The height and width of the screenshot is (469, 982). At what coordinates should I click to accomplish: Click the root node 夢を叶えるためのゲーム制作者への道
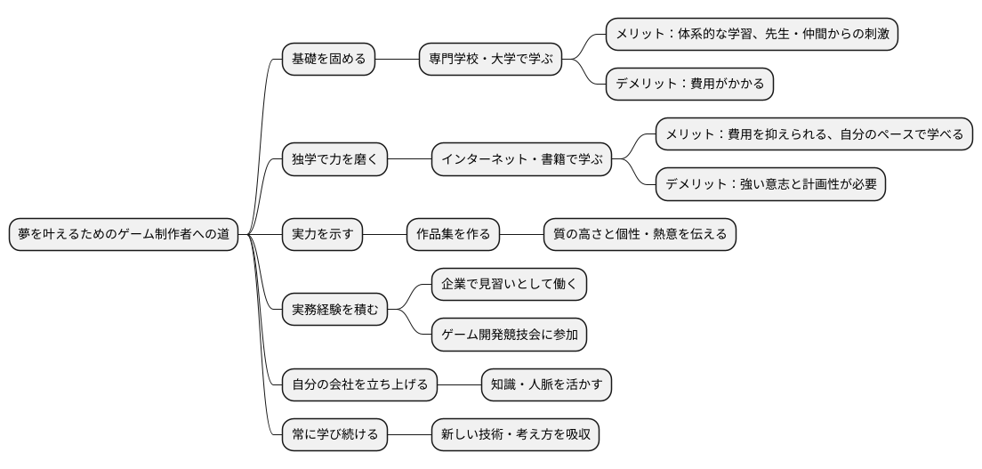tap(124, 234)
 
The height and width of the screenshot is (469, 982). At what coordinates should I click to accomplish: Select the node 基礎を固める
tap(328, 60)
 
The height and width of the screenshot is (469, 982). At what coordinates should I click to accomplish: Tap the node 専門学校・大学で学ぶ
tap(491, 60)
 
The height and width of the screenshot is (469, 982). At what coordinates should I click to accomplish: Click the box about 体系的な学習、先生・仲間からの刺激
tap(752, 35)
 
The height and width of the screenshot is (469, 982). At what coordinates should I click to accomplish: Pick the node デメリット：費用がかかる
tap(689, 85)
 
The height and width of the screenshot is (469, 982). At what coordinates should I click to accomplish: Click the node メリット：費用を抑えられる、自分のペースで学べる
tap(814, 134)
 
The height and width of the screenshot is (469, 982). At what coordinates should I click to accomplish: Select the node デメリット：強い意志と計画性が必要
tap(770, 184)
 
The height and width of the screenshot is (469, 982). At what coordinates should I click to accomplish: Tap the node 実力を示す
tap(322, 234)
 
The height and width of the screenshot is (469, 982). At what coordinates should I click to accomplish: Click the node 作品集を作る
tap(453, 234)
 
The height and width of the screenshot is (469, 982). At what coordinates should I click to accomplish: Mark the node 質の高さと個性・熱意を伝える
tap(640, 234)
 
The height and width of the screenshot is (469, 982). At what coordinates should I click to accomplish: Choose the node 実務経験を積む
tap(334, 309)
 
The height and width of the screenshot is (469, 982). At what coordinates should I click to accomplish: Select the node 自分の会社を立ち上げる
tap(359, 384)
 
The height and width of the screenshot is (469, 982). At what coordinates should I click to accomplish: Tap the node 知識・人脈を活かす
tap(546, 384)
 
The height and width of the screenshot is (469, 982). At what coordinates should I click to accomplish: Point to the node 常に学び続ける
tap(334, 433)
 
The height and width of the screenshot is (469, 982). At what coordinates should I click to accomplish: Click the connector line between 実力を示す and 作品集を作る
tap(384, 234)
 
